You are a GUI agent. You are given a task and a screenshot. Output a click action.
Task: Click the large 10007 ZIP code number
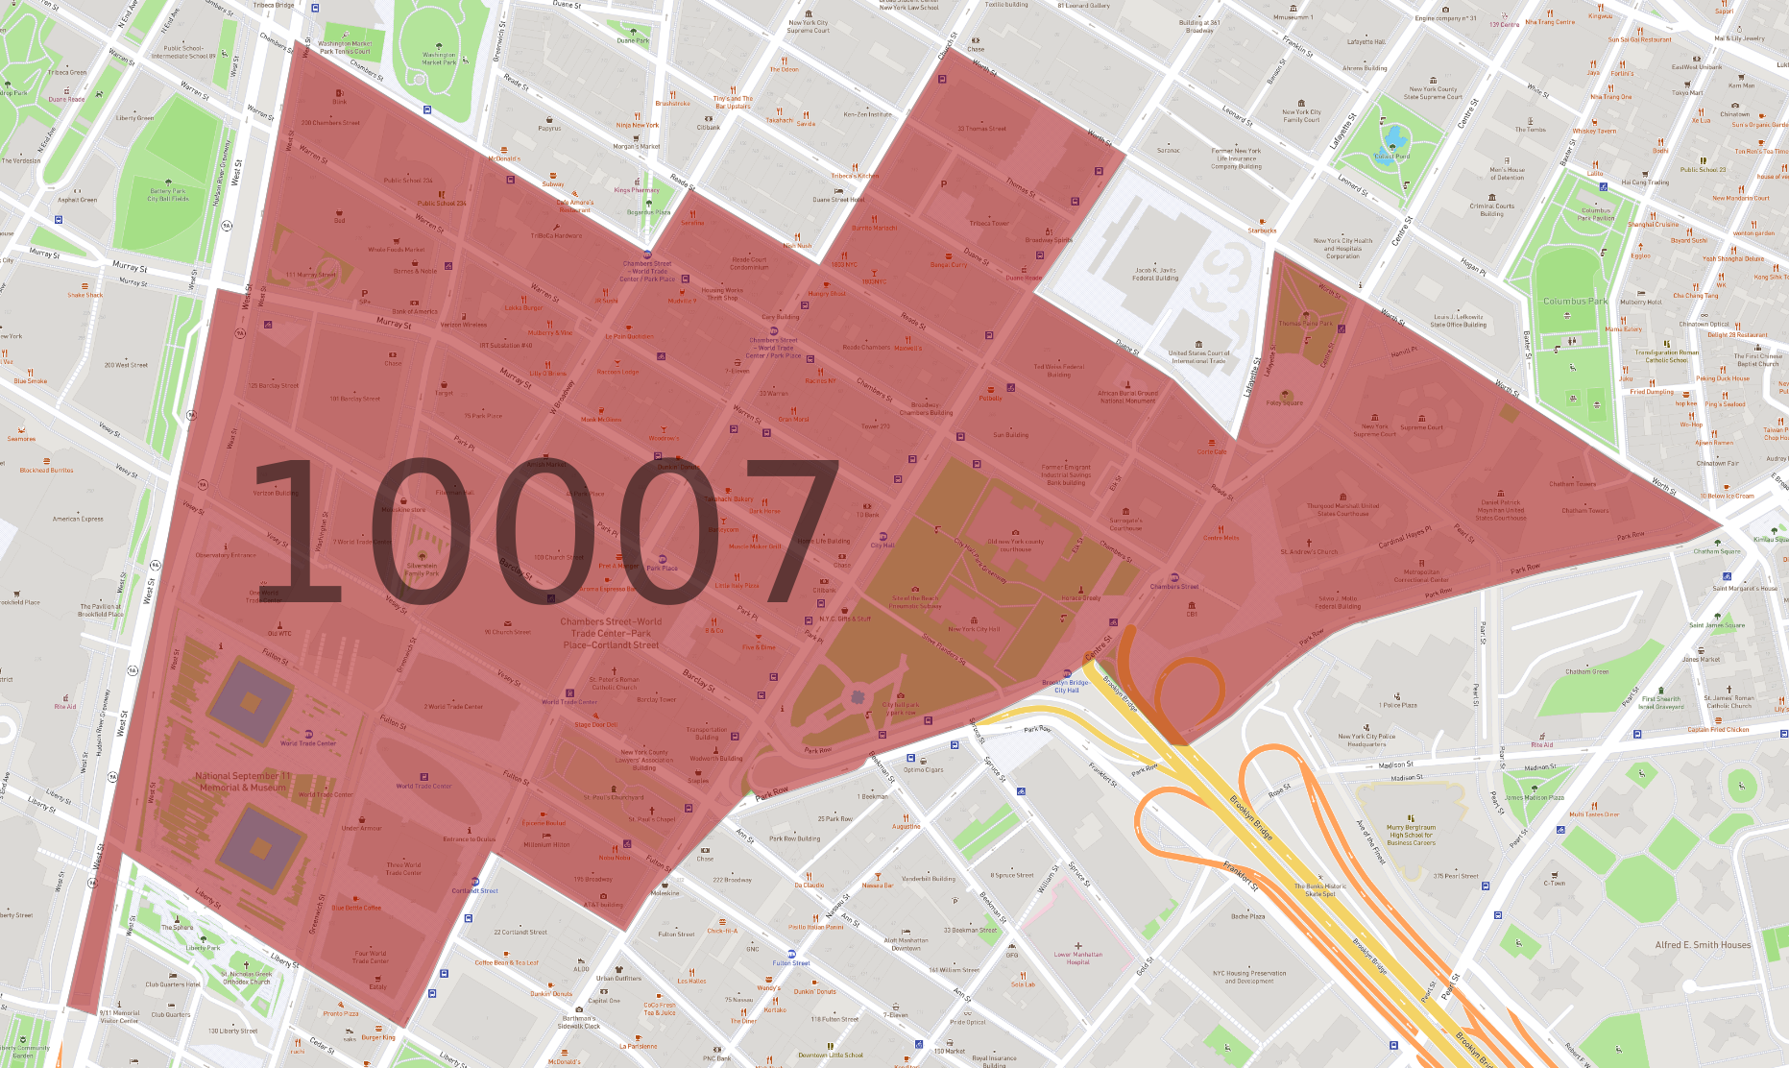click(x=544, y=529)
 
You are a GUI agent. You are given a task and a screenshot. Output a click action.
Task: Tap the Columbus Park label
click(x=1575, y=302)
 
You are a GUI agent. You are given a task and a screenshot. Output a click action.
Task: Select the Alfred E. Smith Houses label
click(x=1703, y=945)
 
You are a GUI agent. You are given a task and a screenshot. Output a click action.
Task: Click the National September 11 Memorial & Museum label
click(x=242, y=782)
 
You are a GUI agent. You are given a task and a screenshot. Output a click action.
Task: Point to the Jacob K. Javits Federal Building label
click(x=1156, y=275)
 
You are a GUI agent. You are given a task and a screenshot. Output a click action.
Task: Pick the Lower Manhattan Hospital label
click(x=1077, y=958)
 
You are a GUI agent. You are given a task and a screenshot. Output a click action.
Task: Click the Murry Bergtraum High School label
click(x=1411, y=835)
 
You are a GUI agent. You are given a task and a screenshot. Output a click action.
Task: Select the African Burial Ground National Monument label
click(x=1127, y=397)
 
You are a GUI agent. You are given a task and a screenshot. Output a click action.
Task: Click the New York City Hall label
click(x=974, y=629)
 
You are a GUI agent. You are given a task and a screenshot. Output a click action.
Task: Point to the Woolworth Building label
click(x=716, y=758)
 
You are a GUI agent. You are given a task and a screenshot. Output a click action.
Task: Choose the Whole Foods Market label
click(x=396, y=250)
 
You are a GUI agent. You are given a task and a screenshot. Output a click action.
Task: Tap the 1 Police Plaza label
click(x=1398, y=705)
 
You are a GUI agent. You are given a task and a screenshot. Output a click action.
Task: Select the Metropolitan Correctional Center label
click(x=1420, y=576)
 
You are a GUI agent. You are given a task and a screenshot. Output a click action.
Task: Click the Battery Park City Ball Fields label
click(x=167, y=195)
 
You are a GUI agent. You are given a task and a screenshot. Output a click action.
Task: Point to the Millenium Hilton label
click(x=546, y=845)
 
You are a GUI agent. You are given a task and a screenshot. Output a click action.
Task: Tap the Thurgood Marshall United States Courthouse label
click(x=1342, y=509)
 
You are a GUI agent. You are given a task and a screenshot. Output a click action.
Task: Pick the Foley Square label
click(x=1284, y=403)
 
